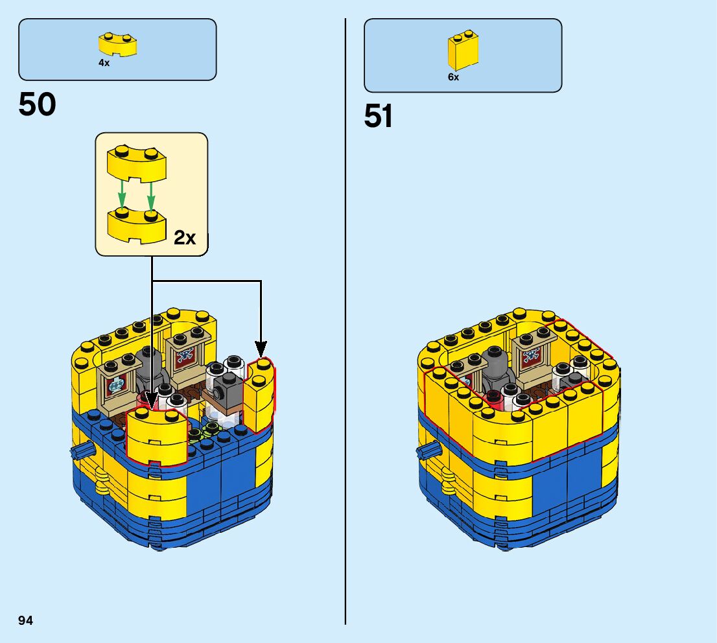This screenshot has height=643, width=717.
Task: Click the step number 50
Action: (x=38, y=104)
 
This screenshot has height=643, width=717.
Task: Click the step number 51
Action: (x=379, y=117)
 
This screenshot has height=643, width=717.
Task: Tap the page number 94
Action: (x=25, y=620)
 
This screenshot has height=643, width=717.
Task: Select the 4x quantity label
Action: (x=104, y=64)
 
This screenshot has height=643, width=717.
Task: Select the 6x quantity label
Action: (x=453, y=77)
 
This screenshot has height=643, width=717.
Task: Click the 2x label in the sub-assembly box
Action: (x=185, y=238)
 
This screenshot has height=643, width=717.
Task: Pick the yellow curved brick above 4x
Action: (x=117, y=45)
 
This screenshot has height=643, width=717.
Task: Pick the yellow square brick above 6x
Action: (x=463, y=51)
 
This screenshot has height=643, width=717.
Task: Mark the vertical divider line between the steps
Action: (x=346, y=324)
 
